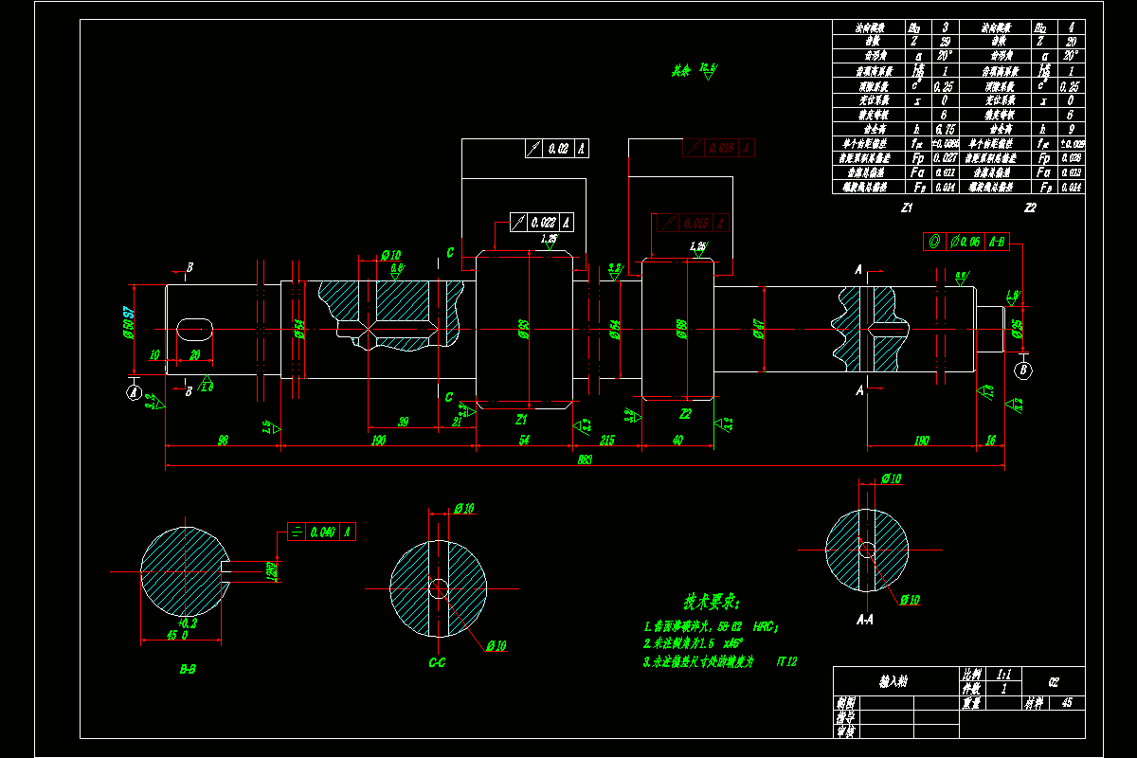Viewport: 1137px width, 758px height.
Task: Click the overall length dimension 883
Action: point(585,460)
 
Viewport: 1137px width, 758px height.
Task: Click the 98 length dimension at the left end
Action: point(223,440)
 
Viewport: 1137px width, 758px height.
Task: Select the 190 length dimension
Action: point(378,440)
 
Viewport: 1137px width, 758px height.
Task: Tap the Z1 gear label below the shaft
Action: point(520,418)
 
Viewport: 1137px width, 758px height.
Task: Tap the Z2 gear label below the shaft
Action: point(685,413)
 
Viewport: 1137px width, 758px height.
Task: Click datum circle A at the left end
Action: point(134,390)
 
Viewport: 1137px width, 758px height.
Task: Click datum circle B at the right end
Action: point(1023,370)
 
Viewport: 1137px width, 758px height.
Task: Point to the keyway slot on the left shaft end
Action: point(195,328)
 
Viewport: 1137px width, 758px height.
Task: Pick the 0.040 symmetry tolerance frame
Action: point(321,532)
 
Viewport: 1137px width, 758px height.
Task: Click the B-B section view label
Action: point(188,668)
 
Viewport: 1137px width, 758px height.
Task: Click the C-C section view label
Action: point(437,662)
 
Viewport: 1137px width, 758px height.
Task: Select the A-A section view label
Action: point(864,620)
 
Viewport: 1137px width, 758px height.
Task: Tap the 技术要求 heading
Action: point(711,603)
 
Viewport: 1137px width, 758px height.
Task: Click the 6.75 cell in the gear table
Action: point(944,128)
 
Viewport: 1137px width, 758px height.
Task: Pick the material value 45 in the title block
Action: point(1067,703)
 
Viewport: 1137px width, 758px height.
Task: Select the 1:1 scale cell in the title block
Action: point(1003,674)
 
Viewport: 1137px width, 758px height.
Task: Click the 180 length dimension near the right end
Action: point(920,440)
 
